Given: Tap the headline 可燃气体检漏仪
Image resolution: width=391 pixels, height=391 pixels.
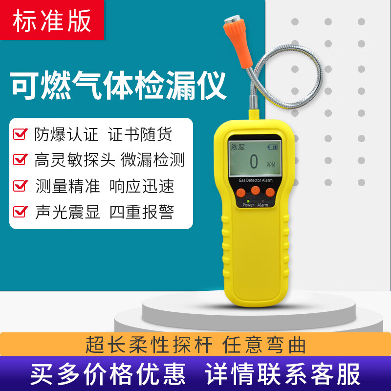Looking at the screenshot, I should pos(119,86).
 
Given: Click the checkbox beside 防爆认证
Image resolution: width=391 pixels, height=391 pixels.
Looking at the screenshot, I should pos(20,133).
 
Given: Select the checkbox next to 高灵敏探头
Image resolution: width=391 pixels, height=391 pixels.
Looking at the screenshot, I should pos(20,160).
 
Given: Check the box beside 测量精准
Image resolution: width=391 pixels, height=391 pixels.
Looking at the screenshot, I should pos(20,186).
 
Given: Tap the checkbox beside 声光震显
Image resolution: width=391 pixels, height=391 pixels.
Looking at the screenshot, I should pos(20,212).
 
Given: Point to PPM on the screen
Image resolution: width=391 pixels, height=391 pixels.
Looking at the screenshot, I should pos(271,165).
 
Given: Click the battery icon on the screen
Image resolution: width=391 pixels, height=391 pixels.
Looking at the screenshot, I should pos(272,147).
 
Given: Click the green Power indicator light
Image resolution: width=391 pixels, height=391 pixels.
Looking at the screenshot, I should pos(248,201).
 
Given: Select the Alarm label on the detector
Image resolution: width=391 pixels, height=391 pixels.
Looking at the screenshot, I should pos(263,205).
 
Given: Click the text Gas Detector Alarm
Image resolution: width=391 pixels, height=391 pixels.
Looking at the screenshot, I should pos(255,180).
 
